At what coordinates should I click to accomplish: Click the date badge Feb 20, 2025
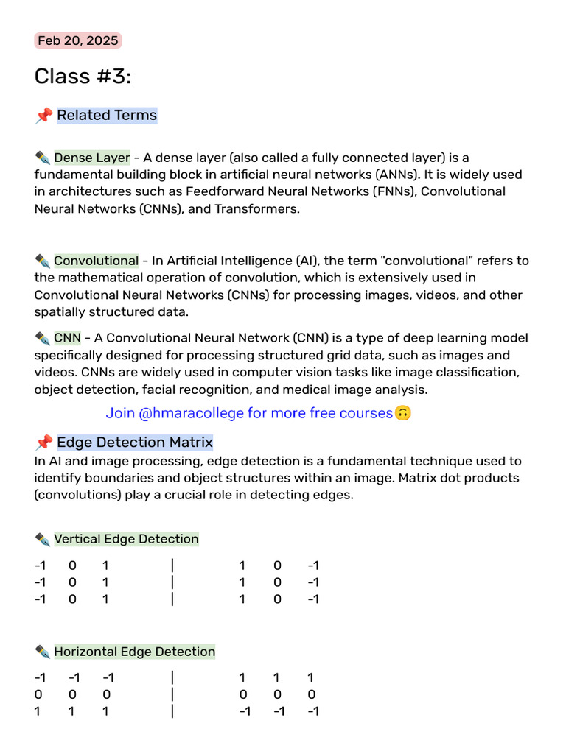pos(77,40)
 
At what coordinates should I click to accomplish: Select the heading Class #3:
pos(83,77)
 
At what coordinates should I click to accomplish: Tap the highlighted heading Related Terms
pos(106,115)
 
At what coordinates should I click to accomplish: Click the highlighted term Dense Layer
pos(91,158)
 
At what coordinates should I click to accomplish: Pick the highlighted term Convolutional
pos(96,261)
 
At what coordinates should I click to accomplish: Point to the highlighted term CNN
pos(67,338)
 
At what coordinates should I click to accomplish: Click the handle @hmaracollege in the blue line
pos(191,413)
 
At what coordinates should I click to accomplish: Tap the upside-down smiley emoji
pos(402,413)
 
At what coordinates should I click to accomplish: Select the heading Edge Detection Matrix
pos(134,443)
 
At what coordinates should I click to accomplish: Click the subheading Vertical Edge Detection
pos(126,539)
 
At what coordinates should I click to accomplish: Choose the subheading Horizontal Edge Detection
pos(134,652)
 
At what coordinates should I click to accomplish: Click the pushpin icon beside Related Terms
pos(43,116)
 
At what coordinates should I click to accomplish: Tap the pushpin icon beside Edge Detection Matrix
pos(43,443)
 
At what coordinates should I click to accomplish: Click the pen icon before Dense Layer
pos(42,158)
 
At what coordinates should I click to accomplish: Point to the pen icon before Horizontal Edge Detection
pos(42,652)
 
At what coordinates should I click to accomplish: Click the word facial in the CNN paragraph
pos(158,389)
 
